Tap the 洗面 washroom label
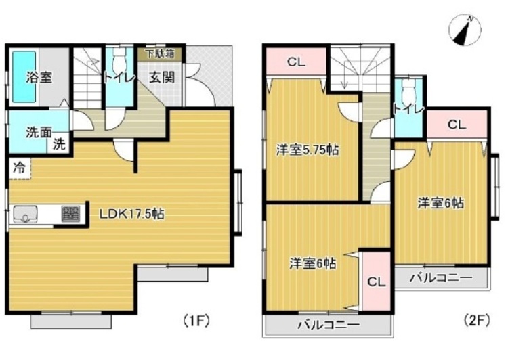click(x=39, y=133)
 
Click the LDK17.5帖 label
click(x=131, y=215)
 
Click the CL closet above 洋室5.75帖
click(x=296, y=62)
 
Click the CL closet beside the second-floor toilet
click(x=457, y=125)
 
